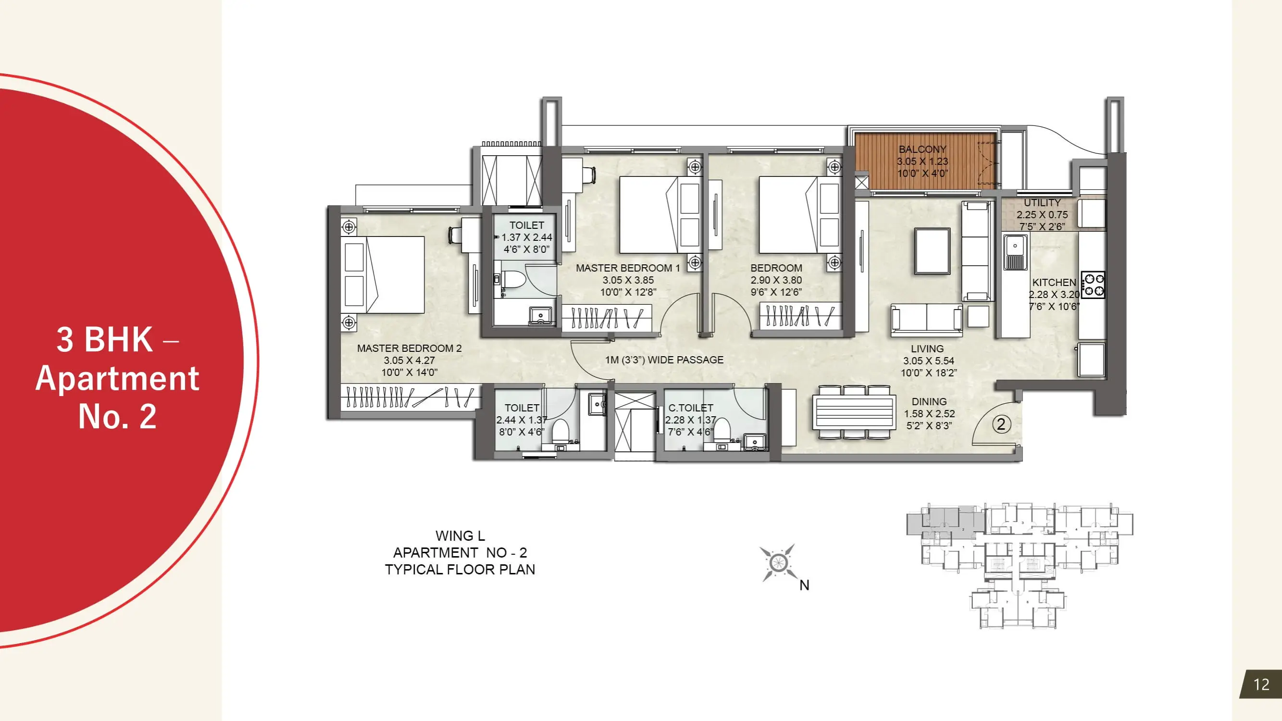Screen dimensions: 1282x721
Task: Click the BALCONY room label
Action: point(922,149)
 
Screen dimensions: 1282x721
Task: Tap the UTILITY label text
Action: point(1042,203)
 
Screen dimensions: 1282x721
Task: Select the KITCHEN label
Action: point(1054,283)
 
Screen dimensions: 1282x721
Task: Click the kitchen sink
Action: point(1015,252)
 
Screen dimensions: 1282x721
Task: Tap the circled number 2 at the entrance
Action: point(1001,424)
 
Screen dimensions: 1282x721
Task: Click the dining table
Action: point(854,412)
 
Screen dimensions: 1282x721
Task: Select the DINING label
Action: point(929,401)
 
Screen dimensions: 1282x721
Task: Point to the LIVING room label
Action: point(927,349)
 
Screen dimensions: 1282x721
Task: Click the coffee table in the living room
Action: point(932,251)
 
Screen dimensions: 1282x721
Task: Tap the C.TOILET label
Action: point(691,408)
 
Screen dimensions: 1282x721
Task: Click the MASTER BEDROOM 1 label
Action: point(628,268)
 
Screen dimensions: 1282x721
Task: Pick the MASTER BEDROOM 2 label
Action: point(409,348)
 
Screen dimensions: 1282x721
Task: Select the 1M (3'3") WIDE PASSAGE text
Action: point(664,360)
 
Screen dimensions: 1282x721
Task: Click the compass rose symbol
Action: point(777,563)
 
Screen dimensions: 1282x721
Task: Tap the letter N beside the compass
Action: point(804,585)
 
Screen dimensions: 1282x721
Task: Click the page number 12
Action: point(1261,684)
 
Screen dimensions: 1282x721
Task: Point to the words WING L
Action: point(460,536)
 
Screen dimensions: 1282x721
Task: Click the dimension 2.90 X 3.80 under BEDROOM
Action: point(776,280)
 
